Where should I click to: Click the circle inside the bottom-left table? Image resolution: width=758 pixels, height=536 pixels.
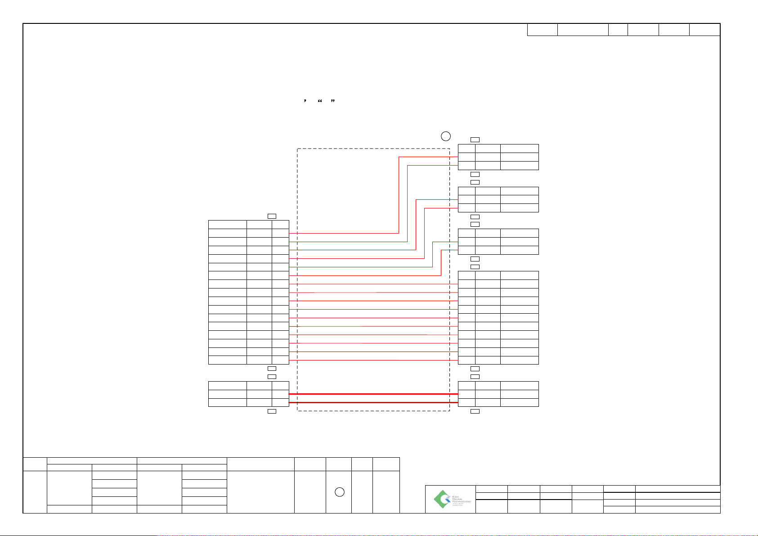click(x=340, y=492)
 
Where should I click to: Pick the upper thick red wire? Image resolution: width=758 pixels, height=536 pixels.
click(x=373, y=394)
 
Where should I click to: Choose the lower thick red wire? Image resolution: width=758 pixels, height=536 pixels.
click(x=373, y=402)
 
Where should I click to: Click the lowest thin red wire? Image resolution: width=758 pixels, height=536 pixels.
click(x=373, y=360)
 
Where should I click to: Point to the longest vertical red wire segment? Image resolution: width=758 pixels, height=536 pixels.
click(x=399, y=195)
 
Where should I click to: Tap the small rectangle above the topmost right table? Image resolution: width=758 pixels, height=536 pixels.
click(x=475, y=140)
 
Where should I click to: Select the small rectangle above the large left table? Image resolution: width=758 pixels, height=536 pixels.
click(x=272, y=216)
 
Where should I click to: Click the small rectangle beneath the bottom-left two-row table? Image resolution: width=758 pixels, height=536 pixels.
click(x=272, y=411)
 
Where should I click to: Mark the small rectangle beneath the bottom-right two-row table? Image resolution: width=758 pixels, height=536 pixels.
click(x=475, y=411)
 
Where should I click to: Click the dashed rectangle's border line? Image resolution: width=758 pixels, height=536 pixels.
click(x=297, y=279)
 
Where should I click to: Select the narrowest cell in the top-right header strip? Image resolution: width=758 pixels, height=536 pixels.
click(x=618, y=30)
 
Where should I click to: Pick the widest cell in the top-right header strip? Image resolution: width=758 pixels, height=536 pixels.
click(x=583, y=30)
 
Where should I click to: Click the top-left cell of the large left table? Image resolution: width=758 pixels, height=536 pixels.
click(x=227, y=225)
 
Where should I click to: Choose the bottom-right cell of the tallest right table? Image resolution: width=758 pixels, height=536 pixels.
click(x=519, y=360)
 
